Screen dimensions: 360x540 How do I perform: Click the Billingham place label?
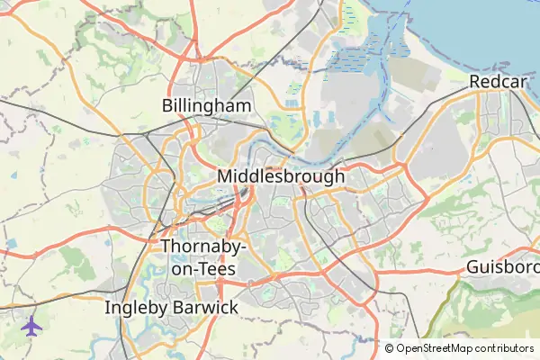[206, 106]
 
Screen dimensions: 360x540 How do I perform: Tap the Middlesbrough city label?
[281, 176]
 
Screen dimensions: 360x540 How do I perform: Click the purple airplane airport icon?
[32, 326]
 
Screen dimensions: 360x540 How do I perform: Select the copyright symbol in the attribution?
[390, 348]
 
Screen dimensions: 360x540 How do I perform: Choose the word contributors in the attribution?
[507, 348]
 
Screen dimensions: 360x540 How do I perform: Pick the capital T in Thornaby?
[166, 247]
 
